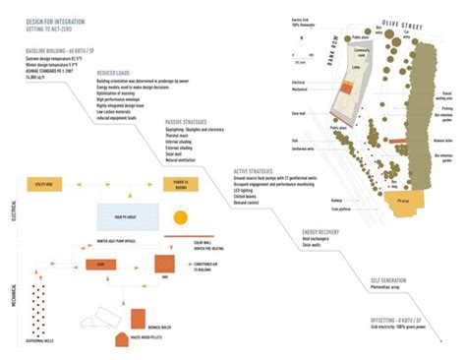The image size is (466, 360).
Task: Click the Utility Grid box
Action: pos(45,183)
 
